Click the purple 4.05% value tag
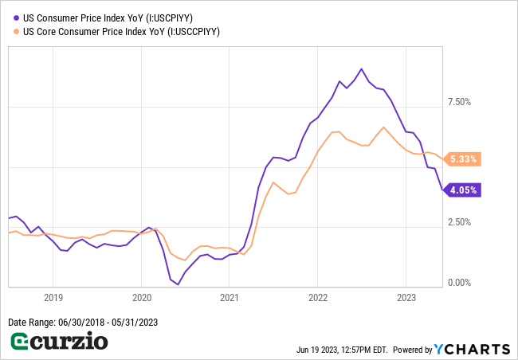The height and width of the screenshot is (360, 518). click(463, 190)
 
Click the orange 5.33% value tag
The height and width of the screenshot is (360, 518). click(463, 159)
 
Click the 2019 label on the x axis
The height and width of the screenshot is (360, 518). click(53, 297)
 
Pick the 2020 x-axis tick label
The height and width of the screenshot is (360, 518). click(141, 297)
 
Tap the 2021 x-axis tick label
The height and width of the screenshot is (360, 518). click(229, 297)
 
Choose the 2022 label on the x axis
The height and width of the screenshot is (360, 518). click(317, 297)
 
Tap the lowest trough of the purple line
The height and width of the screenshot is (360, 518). click(178, 284)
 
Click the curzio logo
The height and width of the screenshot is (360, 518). click(59, 342)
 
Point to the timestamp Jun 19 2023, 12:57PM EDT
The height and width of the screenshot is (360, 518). click(341, 350)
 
